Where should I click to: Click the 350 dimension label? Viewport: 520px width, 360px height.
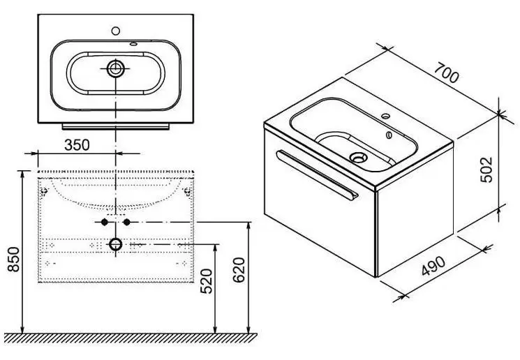coord(77,145)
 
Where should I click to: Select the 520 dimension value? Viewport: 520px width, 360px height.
coord(207,281)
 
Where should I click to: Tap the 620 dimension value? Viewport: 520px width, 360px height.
coord(239,270)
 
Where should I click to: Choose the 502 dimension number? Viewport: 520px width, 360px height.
coord(486,170)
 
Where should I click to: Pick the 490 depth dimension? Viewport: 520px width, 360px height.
coord(434,266)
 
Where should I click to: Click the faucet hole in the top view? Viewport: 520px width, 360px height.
coord(116,31)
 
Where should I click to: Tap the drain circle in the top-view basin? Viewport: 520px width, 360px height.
coord(115,69)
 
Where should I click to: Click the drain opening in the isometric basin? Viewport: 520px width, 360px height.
coord(359,157)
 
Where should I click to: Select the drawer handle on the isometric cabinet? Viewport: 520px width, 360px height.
coord(318,175)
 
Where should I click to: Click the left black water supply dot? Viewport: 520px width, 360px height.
coord(105,222)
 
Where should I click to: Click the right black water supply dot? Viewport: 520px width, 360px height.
coord(126,222)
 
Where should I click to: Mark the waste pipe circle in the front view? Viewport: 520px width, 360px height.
coord(115,245)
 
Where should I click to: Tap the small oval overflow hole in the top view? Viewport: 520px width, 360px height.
coord(133,43)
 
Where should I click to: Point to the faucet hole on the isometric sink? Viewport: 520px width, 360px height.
coord(386,116)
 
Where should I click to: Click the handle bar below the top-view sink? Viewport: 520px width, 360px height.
coord(116,126)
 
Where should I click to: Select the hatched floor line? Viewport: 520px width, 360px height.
coord(128,338)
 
